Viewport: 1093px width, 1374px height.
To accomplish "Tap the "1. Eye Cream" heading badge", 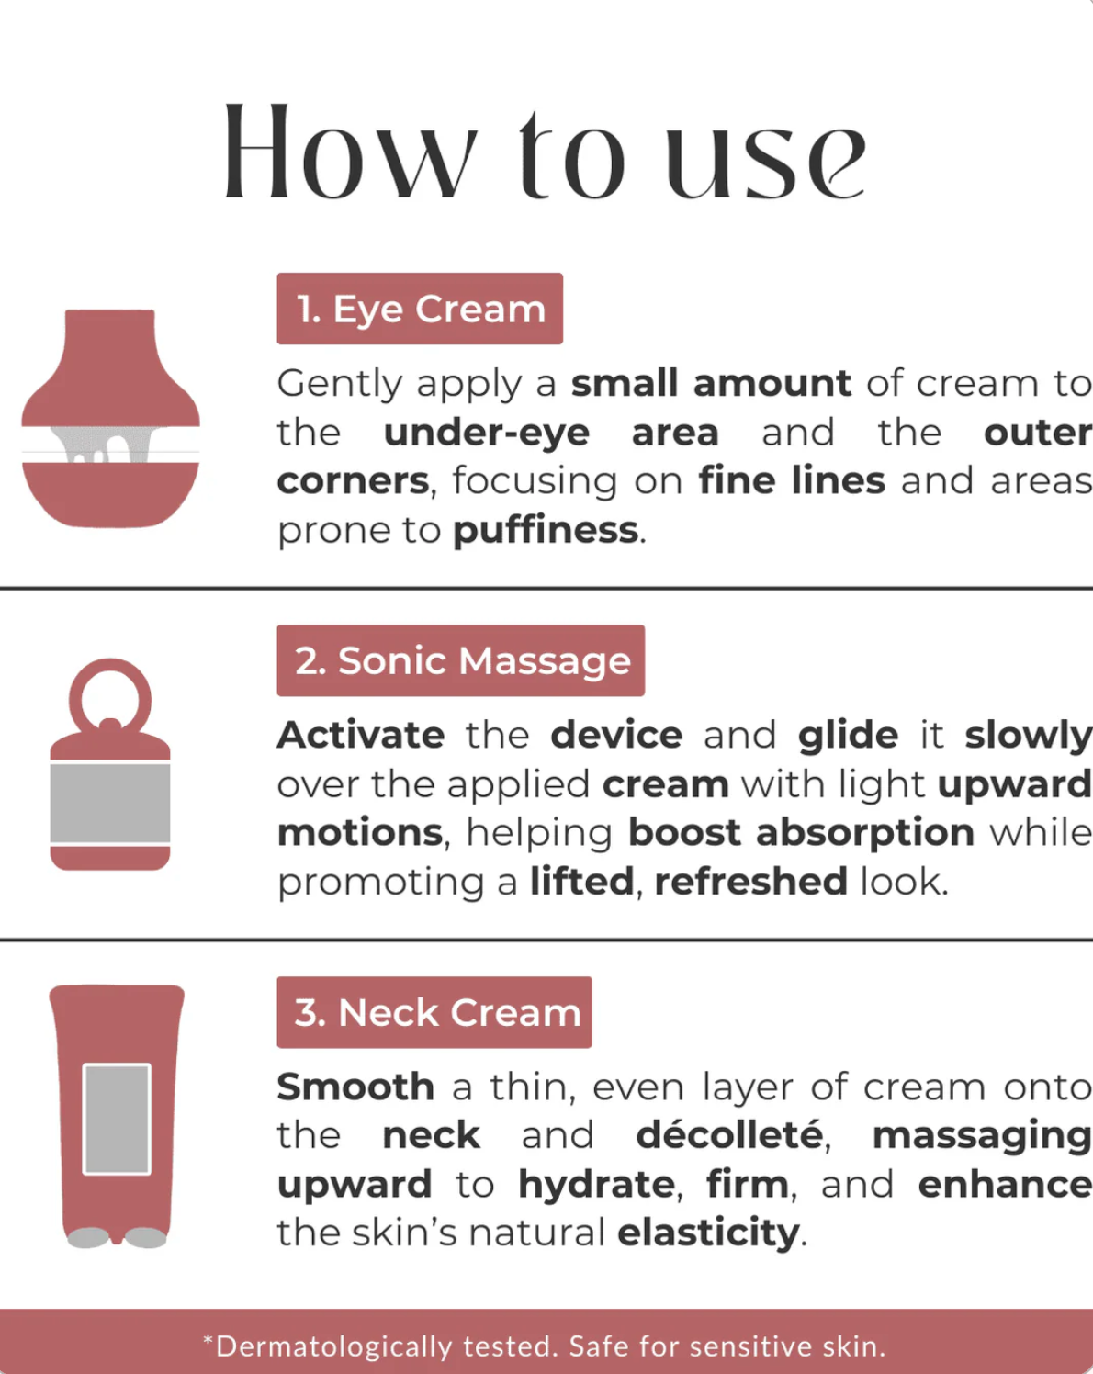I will tap(420, 309).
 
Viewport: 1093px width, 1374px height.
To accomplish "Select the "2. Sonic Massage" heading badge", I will tap(460, 660).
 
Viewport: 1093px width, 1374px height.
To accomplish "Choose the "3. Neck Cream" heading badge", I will tap(434, 1012).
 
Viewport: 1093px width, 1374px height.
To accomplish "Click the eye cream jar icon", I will tap(110, 418).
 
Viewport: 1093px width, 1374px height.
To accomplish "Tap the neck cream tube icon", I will tap(117, 1116).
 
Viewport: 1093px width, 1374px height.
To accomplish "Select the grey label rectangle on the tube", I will tap(117, 1119).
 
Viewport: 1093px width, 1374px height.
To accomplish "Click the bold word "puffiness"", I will tap(546, 530).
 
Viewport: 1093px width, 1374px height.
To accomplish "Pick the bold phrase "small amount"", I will tap(711, 383).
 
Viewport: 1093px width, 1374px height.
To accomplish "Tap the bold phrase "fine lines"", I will tap(791, 480).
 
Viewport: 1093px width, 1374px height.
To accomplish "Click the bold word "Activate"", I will tap(361, 735).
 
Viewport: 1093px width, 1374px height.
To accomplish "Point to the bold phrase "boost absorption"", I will tap(801, 832).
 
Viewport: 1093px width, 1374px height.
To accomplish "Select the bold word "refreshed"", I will tap(750, 881).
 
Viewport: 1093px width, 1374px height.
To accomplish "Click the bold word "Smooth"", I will tap(355, 1087).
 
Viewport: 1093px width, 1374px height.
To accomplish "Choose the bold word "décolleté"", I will tap(730, 1135).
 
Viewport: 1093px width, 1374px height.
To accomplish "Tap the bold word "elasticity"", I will tap(708, 1233).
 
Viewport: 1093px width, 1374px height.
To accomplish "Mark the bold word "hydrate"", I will tap(597, 1184).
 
